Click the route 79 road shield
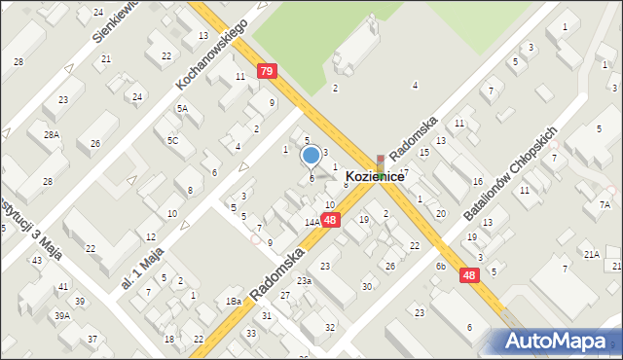pos(266,71)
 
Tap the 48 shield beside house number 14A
pos(331,221)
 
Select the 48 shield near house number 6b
pos(469,276)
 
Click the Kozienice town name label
pos(374,177)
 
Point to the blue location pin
pos(311,156)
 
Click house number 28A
pos(51,135)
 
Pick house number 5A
pos(182,109)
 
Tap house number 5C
pos(172,140)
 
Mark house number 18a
pos(234,302)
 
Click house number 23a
pos(305,280)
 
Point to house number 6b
pos(441,266)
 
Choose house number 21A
pos(591,254)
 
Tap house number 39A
pos(61,315)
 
